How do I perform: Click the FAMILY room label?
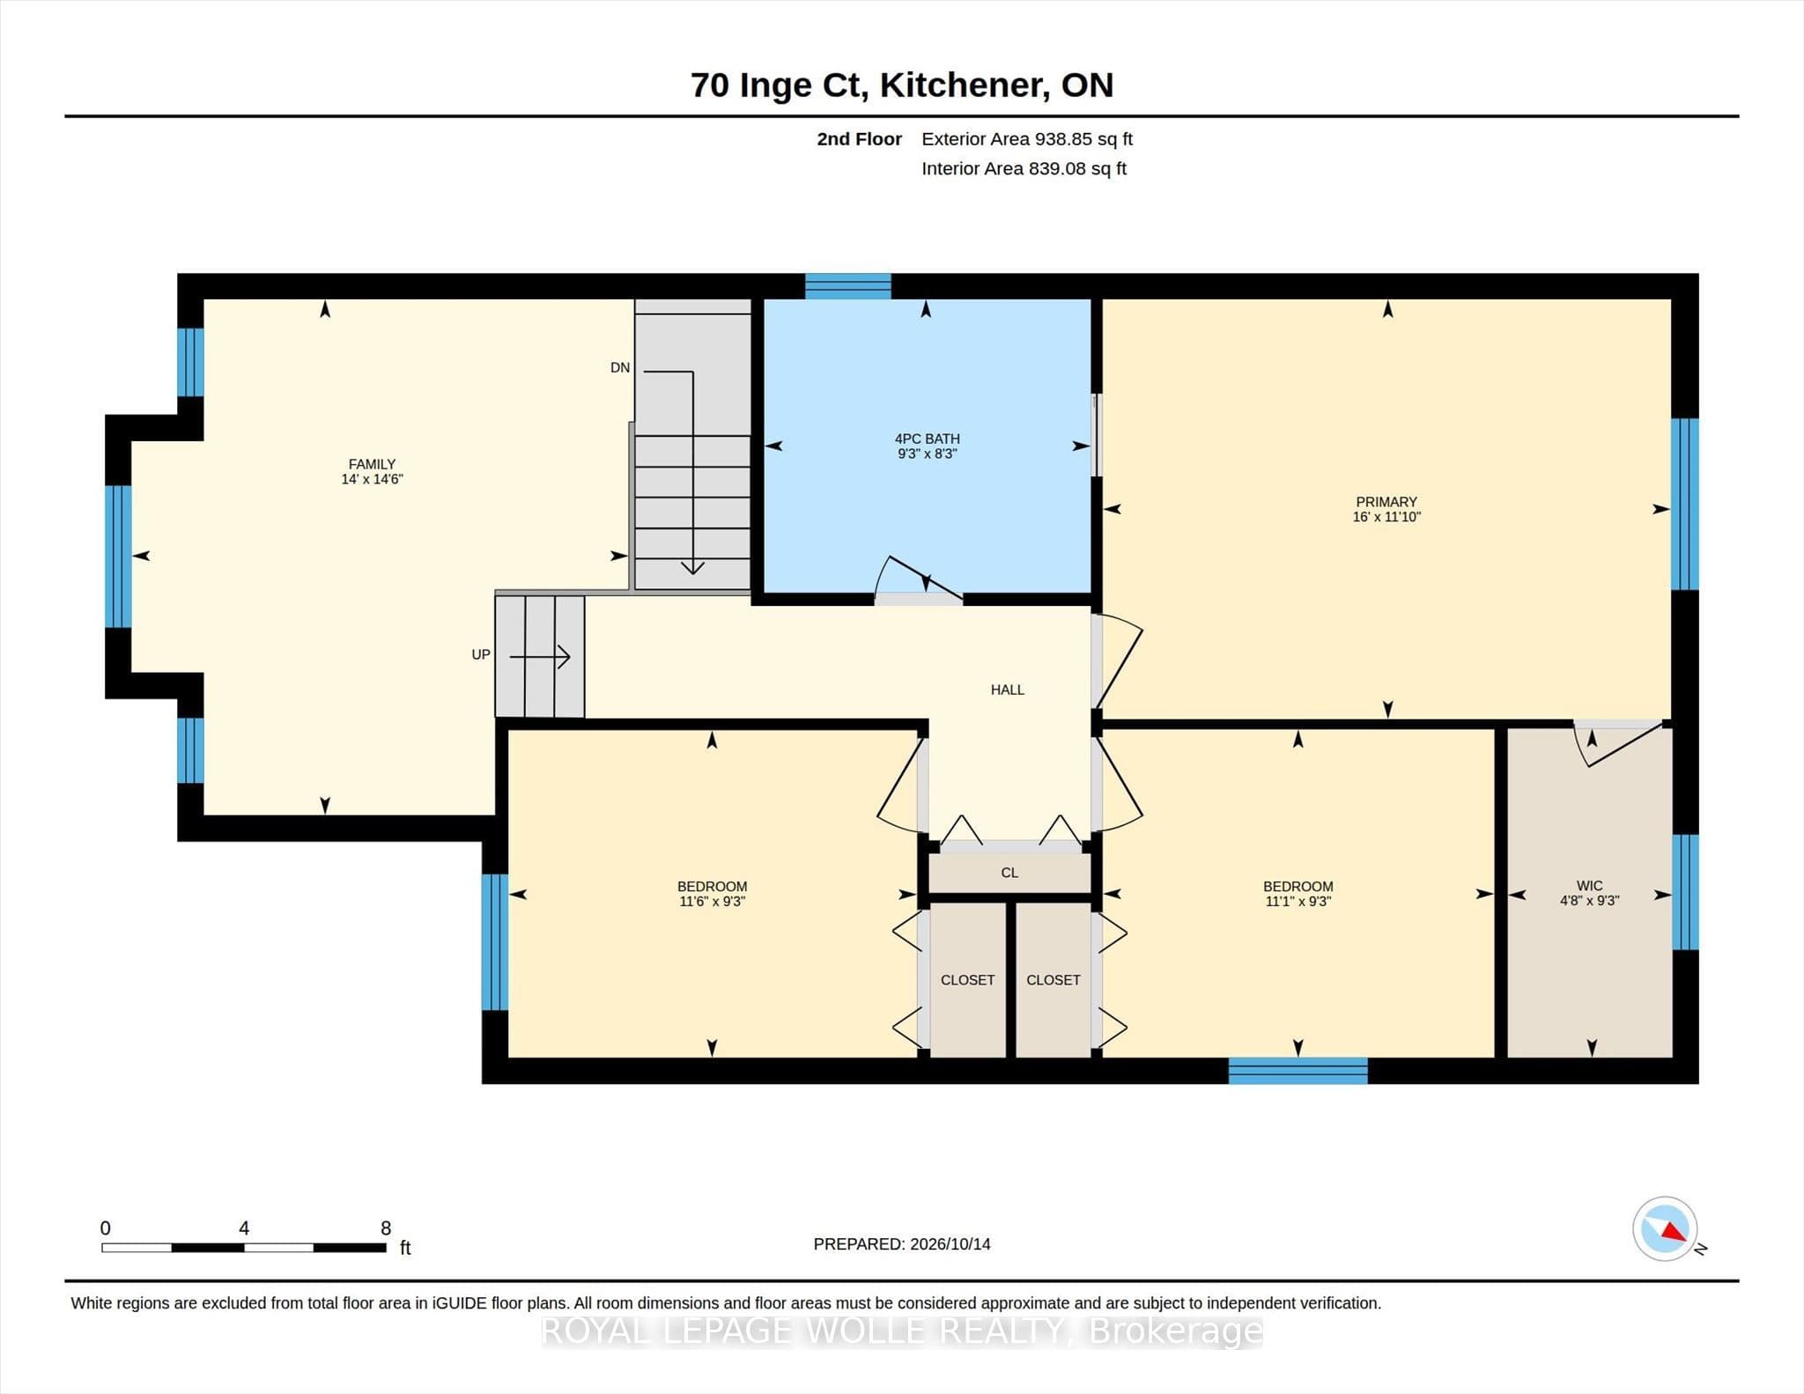[x=372, y=464]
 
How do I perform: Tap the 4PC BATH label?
[x=927, y=439]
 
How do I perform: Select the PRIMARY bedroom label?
[x=1386, y=502]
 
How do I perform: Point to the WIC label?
[x=1590, y=886]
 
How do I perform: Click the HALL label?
[x=1008, y=690]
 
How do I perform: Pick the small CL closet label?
[x=1009, y=873]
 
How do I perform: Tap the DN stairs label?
[x=620, y=368]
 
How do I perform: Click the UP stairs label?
[x=481, y=655]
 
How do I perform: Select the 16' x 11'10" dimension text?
[x=1386, y=517]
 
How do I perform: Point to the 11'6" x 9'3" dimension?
[x=712, y=902]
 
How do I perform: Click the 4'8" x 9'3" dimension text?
[x=1590, y=901]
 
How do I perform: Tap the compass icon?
[x=1665, y=1228]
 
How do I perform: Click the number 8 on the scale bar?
[x=386, y=1228]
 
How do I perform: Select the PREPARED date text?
[x=902, y=1244]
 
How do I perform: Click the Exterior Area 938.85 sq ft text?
[x=1027, y=139]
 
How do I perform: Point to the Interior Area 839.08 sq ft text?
[x=1024, y=169]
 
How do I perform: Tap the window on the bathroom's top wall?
[x=848, y=286]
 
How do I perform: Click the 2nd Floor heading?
[x=859, y=139]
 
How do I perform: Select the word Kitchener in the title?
[x=965, y=85]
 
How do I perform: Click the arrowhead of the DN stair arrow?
[x=693, y=567]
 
